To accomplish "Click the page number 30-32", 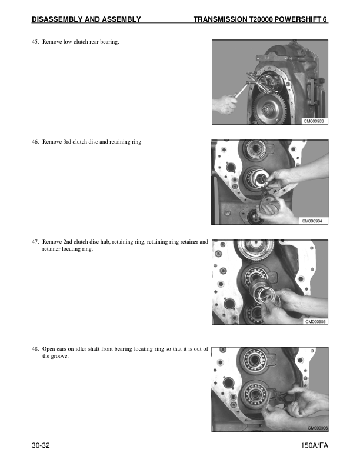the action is tap(41, 445).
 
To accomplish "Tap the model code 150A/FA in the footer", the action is tap(314, 445).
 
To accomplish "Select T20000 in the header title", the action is tap(261, 19).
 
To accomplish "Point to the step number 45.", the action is tap(35, 42).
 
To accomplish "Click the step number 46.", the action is tap(35, 142).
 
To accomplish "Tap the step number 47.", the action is tap(35, 242).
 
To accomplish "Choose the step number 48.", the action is tap(35, 348).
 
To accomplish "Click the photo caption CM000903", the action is tap(314, 121).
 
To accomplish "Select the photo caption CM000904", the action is tap(312, 221).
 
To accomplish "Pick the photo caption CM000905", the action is tap(315, 322).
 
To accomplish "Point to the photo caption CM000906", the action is tap(318, 428).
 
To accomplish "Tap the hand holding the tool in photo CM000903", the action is tap(225, 104).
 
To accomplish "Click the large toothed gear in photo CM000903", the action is tap(269, 109).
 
